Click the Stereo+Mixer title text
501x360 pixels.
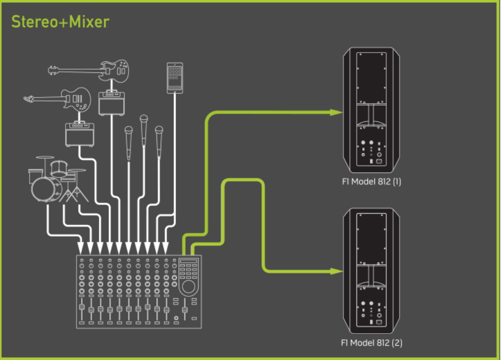point(60,21)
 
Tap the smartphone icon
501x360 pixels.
point(175,78)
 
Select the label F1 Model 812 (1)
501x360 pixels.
point(371,182)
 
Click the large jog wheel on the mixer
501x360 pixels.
point(188,288)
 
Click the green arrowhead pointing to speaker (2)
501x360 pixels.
point(336,272)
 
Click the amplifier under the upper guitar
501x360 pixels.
point(110,102)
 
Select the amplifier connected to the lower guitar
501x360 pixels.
point(79,134)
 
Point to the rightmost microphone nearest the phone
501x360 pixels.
point(159,141)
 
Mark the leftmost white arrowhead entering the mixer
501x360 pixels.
point(81,250)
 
